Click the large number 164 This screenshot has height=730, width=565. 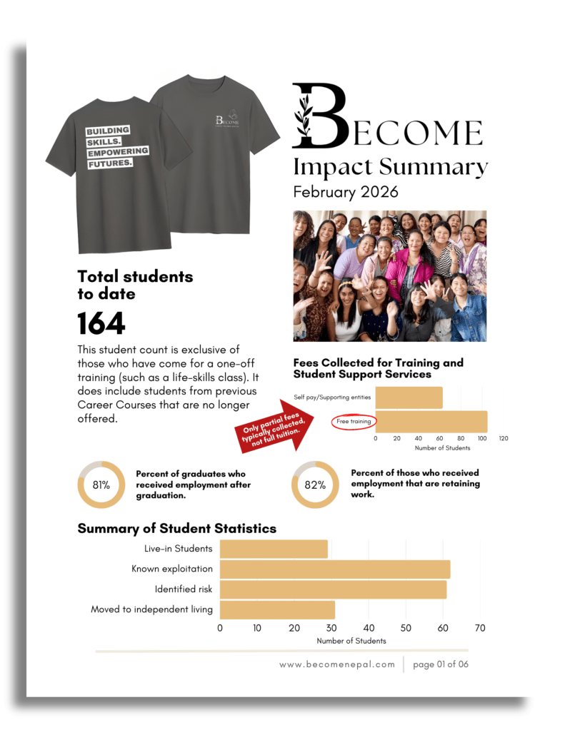(x=101, y=323)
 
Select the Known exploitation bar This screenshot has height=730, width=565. (x=334, y=569)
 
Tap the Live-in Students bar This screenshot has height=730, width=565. (x=274, y=549)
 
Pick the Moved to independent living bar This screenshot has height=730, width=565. (x=277, y=609)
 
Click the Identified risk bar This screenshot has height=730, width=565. (x=333, y=589)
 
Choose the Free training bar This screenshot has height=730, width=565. (x=431, y=422)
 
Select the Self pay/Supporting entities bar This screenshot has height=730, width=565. (x=409, y=397)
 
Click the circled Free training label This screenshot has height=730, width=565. (x=354, y=422)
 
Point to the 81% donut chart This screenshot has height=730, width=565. (x=101, y=485)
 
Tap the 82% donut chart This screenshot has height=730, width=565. (x=315, y=485)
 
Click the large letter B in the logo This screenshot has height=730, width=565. (x=319, y=116)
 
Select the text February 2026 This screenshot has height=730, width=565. (x=346, y=192)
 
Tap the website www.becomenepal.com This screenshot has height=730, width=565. (x=337, y=664)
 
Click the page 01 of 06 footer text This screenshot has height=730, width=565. (x=441, y=664)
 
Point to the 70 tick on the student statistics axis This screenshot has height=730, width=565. (x=480, y=628)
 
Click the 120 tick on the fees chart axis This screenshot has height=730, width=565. (x=503, y=438)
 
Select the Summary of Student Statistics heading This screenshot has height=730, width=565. (x=176, y=529)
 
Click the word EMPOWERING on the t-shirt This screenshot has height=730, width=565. (x=117, y=151)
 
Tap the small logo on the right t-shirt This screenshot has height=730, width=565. (x=226, y=119)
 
